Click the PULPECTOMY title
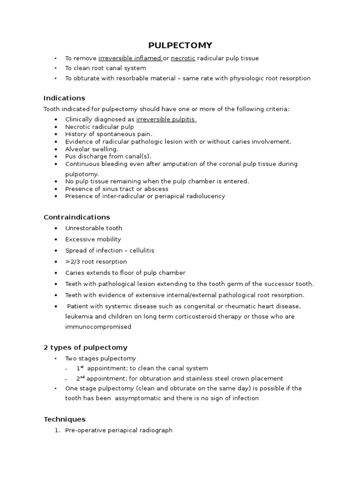180,45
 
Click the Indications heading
64,98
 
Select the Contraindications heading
77,217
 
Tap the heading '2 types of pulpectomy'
85,347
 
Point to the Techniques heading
64,419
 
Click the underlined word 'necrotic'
183,58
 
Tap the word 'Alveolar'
77,149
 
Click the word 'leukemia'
78,316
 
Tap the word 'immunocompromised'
98,327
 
